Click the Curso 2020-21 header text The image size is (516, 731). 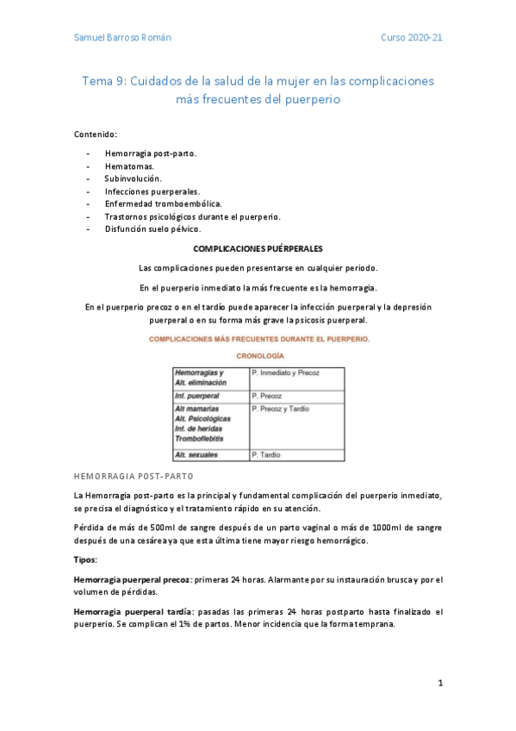(412, 39)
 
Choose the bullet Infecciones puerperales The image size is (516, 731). (152, 191)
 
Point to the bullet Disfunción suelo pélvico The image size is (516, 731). (152, 229)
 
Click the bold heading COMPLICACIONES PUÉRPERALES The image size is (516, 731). (258, 247)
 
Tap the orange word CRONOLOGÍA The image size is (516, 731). (258, 355)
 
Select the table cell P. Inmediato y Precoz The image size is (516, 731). (285, 372)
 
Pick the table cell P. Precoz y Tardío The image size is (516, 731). (280, 409)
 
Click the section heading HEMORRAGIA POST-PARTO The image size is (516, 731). (134, 476)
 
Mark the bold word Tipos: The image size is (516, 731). (85, 559)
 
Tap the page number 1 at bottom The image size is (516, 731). (439, 684)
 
